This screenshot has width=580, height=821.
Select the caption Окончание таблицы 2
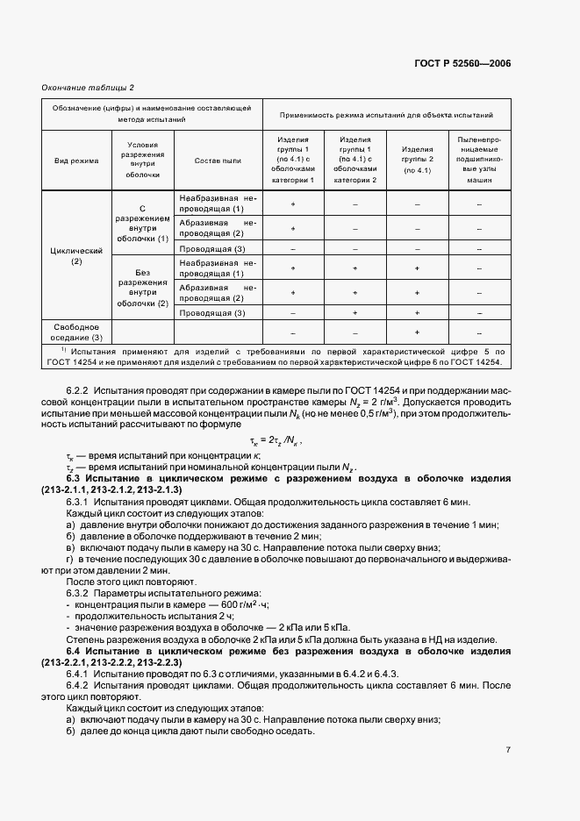coord(88,87)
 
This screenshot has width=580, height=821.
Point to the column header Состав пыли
coord(218,161)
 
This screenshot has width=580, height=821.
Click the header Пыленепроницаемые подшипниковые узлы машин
coord(480,161)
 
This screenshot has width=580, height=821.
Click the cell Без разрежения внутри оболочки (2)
coord(142,286)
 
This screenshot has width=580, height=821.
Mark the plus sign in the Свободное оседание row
coord(417,332)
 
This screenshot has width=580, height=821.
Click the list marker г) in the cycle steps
coord(69,559)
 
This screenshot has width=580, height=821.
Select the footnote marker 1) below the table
coord(54,348)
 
